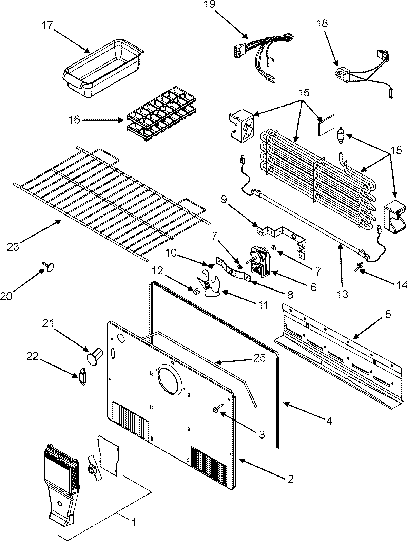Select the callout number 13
(x=343, y=294)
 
